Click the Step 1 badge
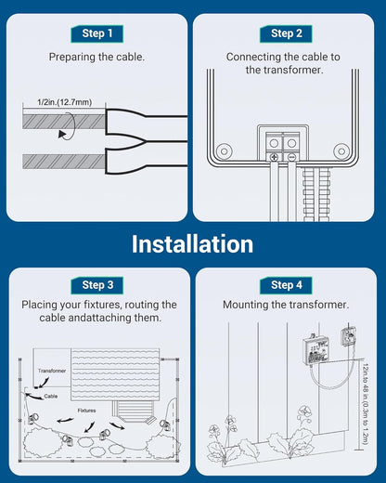pos(96,33)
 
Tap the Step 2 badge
pos(286,33)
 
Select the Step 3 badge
pos(96,284)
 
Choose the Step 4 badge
pos(286,284)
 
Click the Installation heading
pos(192,244)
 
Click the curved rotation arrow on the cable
pos(62,133)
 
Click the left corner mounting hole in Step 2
pos(223,150)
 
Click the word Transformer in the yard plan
pos(52,370)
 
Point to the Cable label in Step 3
pos(51,396)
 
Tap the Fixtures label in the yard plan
pos(87,410)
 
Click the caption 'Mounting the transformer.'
pos(286,305)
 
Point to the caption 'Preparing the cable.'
pos(96,57)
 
